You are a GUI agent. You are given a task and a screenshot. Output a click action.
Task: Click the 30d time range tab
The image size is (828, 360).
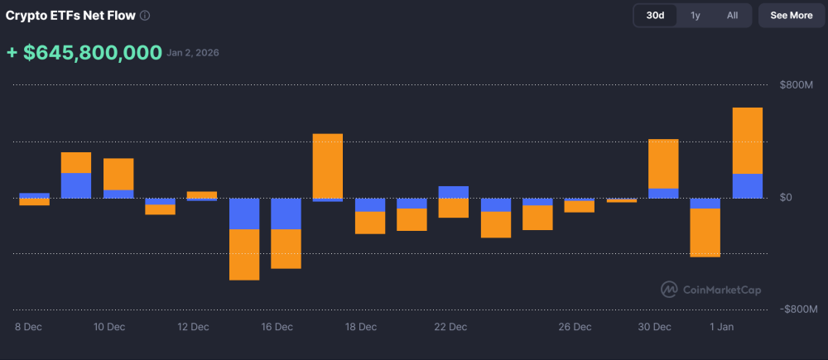[655, 15]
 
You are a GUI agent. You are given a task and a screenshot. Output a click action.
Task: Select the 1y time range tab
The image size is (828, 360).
[696, 15]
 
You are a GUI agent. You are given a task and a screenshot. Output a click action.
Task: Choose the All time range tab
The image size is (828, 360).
[732, 15]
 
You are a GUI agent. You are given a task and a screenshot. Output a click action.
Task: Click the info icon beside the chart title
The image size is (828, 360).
[145, 16]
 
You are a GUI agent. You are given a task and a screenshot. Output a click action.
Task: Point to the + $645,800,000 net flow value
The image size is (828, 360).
[84, 53]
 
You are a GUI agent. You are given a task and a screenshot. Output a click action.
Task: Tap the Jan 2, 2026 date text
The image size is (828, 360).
[193, 54]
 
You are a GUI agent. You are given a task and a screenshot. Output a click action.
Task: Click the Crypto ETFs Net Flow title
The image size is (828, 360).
[70, 16]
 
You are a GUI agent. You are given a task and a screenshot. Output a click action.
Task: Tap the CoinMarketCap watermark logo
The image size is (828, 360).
[710, 290]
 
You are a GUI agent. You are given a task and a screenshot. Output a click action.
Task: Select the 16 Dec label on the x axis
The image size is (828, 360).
[277, 327]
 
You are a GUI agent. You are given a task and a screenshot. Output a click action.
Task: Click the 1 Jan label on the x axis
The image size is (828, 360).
[721, 327]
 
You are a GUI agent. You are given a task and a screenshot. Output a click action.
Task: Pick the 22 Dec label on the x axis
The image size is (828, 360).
[450, 327]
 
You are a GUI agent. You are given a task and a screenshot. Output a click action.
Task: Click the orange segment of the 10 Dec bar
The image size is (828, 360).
[118, 174]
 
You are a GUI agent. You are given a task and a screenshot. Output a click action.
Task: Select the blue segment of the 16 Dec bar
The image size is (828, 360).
[286, 214]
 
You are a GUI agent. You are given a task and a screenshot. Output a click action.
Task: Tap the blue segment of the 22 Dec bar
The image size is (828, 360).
[453, 192]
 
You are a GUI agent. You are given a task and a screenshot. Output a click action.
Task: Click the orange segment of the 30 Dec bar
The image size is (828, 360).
[663, 163]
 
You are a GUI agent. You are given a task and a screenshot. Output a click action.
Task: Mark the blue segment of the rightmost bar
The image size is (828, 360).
[747, 185]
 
